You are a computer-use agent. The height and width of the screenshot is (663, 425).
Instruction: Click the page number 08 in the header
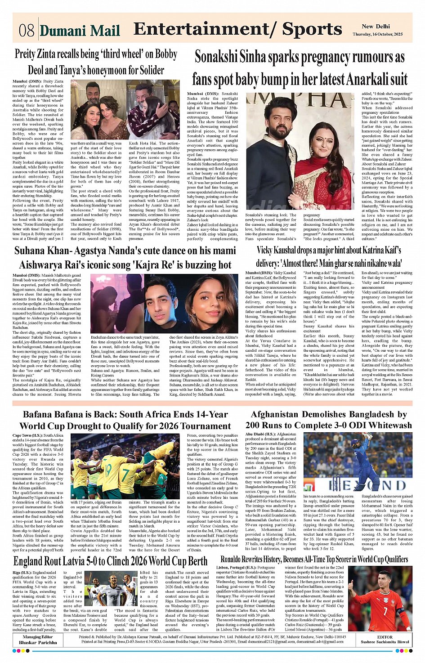click(x=27, y=30)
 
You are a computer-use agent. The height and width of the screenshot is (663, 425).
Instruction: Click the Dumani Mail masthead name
click(x=80, y=31)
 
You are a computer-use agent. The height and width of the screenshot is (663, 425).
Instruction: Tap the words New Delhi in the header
click(x=376, y=27)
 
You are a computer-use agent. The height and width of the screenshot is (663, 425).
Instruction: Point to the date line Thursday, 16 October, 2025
click(x=377, y=34)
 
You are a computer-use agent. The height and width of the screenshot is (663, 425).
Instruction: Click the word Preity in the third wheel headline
click(x=25, y=54)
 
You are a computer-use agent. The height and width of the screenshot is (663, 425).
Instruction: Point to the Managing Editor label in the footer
click(x=38, y=637)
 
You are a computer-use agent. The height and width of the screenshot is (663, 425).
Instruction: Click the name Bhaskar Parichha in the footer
click(x=38, y=642)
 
